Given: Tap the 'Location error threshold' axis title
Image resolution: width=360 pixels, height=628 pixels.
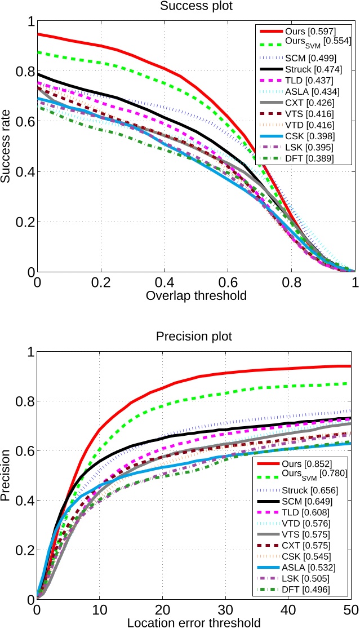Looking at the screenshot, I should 194,622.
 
